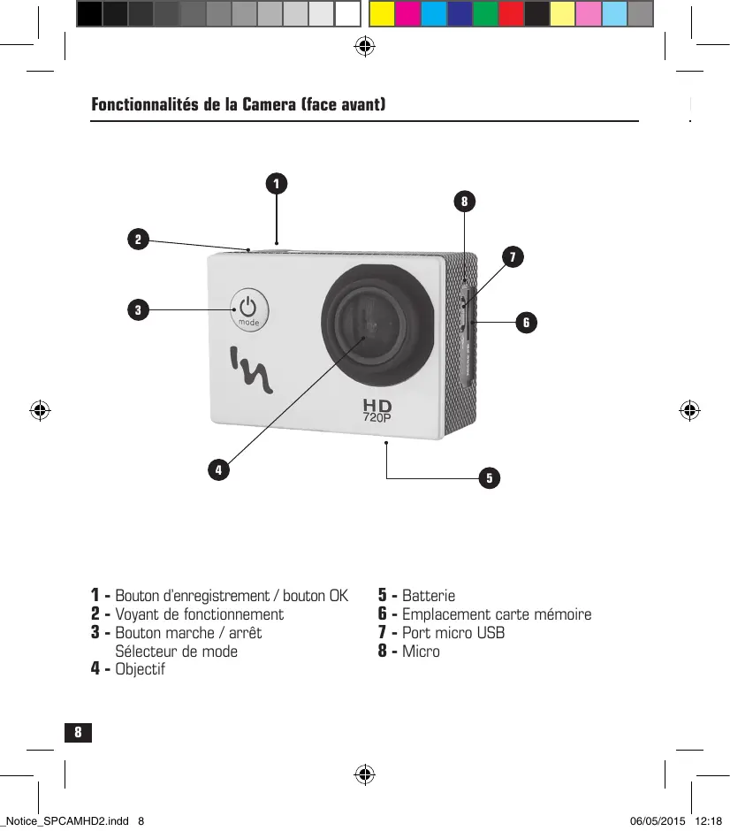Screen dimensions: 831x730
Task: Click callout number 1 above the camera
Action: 277,184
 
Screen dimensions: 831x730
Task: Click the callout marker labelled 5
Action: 489,478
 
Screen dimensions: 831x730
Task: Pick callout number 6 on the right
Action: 526,323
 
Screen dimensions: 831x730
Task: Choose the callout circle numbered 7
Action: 511,257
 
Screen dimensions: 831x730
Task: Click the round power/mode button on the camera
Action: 249,310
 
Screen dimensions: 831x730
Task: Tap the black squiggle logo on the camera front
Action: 253,369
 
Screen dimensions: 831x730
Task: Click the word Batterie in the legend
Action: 429,596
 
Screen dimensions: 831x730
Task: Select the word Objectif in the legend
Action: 140,669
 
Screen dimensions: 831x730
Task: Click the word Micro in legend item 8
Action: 421,652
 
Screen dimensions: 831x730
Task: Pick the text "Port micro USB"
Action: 453,633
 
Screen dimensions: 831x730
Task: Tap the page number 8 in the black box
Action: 78,732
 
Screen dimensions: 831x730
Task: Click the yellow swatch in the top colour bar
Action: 381,14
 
